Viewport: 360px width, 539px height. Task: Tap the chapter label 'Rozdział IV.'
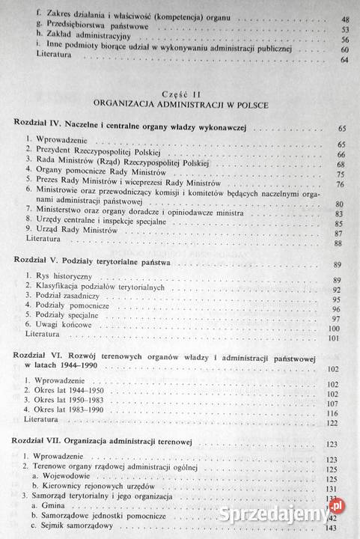[37, 122]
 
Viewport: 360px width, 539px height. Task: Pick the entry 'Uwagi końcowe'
[59, 328]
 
